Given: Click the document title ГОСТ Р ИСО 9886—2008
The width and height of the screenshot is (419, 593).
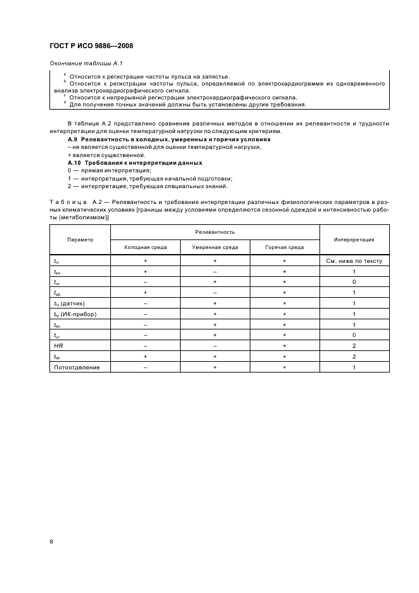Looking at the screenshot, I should [x=91, y=46].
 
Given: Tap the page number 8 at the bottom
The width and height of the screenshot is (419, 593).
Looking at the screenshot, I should [x=51, y=540].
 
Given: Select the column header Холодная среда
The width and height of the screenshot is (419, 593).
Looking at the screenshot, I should [x=145, y=247].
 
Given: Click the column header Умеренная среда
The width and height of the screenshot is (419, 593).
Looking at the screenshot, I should [x=215, y=247].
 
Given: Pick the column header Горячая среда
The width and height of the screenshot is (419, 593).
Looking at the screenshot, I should [x=284, y=247].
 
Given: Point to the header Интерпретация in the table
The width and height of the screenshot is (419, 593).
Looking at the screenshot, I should [x=354, y=239].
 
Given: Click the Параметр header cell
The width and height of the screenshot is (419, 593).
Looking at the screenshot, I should [x=80, y=239].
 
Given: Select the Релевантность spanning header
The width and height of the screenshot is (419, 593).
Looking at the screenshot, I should [x=215, y=233].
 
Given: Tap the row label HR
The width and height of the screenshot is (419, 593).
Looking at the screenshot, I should [x=58, y=345].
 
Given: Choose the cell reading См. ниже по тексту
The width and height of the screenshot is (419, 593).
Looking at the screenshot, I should [x=354, y=261].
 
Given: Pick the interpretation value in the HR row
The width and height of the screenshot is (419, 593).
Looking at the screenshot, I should [x=354, y=345].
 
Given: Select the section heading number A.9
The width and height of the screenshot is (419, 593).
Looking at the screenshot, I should [x=73, y=139].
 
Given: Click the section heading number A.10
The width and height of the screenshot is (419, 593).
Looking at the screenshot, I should [x=75, y=163].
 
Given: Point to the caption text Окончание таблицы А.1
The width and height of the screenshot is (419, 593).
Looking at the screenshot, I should [x=81, y=64].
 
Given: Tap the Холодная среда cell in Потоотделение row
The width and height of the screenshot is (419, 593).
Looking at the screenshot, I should [x=145, y=367].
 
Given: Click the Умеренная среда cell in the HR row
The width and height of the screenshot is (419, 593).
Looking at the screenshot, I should [x=215, y=345].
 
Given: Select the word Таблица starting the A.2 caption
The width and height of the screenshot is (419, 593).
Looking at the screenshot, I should [x=67, y=202].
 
